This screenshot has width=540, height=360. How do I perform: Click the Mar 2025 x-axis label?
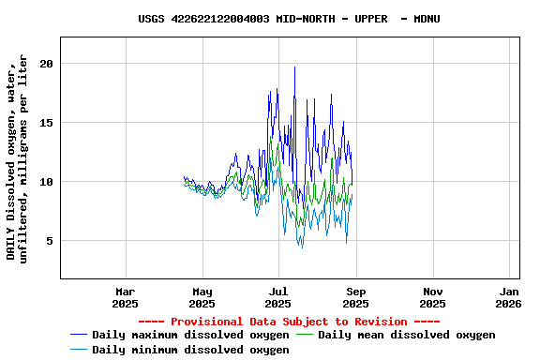(x=125, y=297)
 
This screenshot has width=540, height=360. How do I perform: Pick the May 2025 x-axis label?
(x=202, y=297)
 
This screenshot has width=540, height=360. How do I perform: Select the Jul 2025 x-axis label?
(x=278, y=297)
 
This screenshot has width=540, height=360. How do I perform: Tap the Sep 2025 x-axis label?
(x=355, y=297)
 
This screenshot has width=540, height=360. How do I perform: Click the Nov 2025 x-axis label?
(x=432, y=297)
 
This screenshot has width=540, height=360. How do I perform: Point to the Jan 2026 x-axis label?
(x=509, y=297)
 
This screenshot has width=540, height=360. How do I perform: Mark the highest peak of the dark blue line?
(x=295, y=67)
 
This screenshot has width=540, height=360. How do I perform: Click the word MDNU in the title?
(x=427, y=19)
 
